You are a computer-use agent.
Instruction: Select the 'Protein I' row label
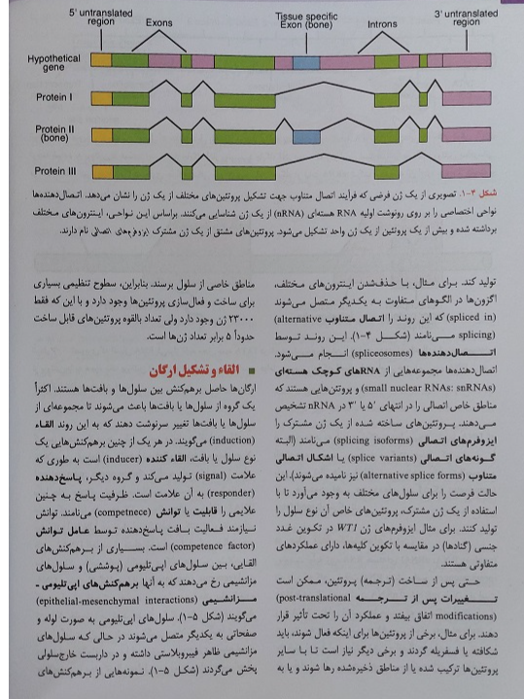click(x=54, y=97)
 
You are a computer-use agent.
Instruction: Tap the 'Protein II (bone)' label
click(x=54, y=133)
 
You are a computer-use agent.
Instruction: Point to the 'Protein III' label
click(x=54, y=170)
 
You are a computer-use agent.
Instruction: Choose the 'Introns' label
click(x=382, y=21)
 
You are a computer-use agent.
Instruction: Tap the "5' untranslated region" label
click(x=100, y=16)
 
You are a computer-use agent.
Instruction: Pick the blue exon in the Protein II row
click(x=304, y=134)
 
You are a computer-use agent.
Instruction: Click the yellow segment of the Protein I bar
click(x=101, y=97)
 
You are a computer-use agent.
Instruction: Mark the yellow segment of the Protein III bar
click(x=101, y=171)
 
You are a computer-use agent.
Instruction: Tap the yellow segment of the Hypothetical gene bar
click(x=101, y=60)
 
